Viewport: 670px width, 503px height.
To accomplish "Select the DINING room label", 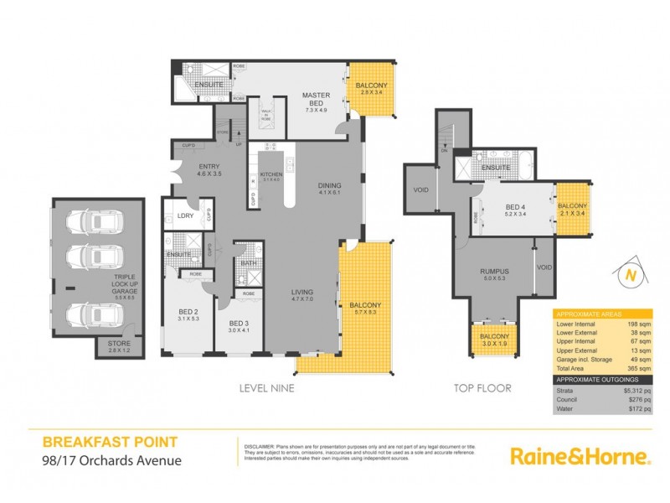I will click(329, 185).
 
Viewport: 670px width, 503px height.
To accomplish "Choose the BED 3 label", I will click(239, 324).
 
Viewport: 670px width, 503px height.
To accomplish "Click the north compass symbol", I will click(627, 274).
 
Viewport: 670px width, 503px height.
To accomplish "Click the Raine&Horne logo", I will click(580, 456).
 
